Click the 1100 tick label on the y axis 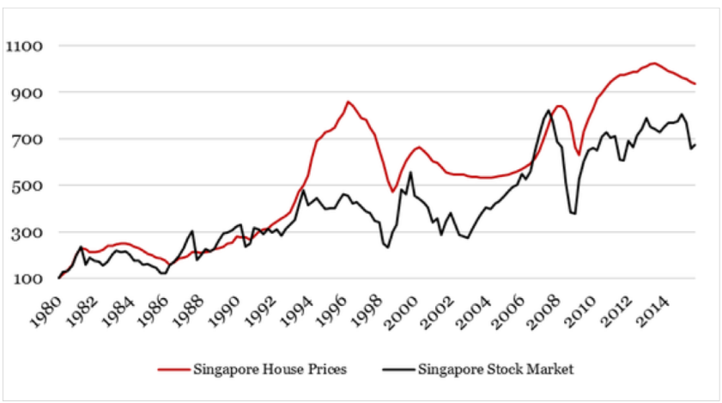[26, 46]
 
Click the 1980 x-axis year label [47, 307]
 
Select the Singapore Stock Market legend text [495, 369]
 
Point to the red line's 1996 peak [348, 101]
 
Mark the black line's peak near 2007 [549, 110]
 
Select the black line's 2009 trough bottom [573, 213]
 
